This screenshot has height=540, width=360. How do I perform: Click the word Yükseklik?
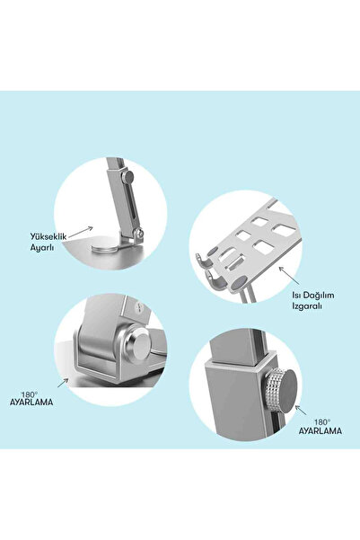point(48,237)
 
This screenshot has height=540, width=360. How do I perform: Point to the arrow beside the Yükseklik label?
point(81,232)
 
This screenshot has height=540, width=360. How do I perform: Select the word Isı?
point(296,295)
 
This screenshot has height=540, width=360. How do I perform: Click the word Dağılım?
point(319,296)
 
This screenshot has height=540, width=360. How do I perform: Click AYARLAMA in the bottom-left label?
point(31,403)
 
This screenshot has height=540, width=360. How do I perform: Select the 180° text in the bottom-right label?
point(322,422)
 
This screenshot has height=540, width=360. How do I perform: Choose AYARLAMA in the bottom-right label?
point(320,430)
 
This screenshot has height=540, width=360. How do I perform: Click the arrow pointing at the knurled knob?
point(301,410)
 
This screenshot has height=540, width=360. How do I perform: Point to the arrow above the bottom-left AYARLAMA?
point(63,383)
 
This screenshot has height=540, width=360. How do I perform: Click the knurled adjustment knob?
point(281,391)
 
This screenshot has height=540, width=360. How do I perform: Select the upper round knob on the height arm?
point(128,177)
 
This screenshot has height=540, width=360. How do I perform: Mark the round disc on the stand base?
point(106,249)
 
